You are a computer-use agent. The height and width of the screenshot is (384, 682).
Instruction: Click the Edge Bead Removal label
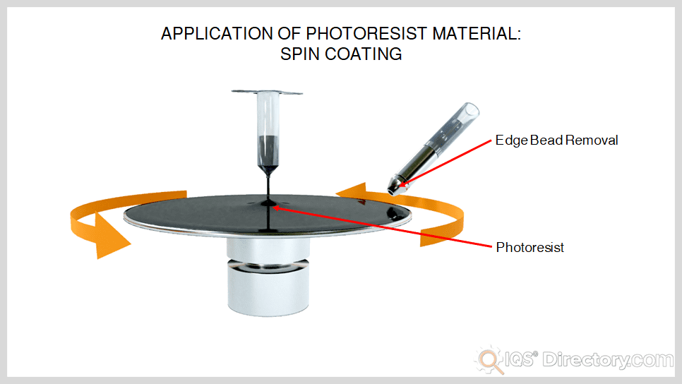point(556,140)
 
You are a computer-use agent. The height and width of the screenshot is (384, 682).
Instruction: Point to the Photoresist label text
point(530,248)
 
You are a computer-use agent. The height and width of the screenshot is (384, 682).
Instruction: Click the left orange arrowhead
point(112,236)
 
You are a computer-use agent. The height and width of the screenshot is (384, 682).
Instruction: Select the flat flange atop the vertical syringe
point(268,92)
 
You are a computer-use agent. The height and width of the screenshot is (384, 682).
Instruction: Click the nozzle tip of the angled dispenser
point(393,187)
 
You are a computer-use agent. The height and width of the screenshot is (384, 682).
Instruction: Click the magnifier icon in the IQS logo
point(487,359)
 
